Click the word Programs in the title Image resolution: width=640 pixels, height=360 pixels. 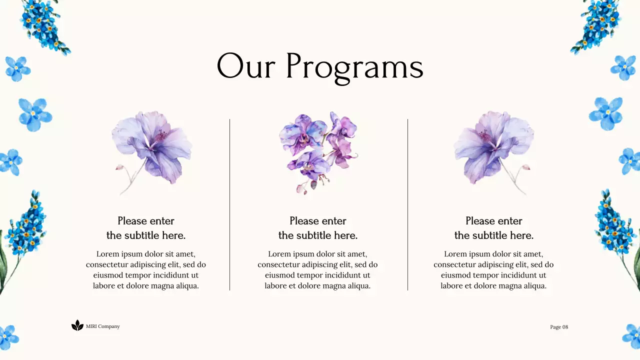pos(354,66)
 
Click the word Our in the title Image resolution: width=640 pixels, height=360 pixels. pos(245,66)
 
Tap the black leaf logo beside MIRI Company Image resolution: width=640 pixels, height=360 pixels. pos(77,325)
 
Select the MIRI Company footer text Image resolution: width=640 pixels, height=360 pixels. pos(103,326)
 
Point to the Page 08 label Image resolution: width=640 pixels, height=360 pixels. pos(559,327)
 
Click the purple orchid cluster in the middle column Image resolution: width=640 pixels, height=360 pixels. pos(318,150)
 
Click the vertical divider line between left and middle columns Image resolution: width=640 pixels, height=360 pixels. pos(229,204)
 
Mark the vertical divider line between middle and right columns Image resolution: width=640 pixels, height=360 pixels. pos(407,204)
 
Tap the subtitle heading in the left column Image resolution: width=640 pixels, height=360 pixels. pos(146,228)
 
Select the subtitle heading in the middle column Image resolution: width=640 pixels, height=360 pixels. pos(318,228)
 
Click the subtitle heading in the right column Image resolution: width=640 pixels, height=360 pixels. pos(494,228)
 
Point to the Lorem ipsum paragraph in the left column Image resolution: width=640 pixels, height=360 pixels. pos(146,269)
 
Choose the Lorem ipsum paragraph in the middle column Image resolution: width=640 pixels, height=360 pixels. pos(318,269)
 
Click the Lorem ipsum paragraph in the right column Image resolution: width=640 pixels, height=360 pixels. pos(494,269)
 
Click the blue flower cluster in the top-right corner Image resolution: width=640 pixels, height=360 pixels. pos(597,25)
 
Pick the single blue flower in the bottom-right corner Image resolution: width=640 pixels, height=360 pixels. pos(632,335)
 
